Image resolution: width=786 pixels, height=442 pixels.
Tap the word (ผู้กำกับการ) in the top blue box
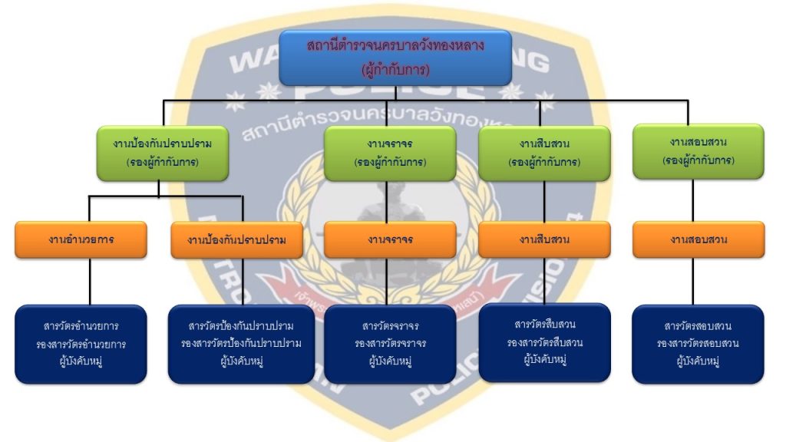(395, 70)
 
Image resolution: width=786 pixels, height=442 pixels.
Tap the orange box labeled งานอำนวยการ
(81, 239)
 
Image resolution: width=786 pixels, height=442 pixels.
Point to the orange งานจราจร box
(390, 239)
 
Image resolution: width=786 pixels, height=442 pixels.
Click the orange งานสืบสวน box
(544, 239)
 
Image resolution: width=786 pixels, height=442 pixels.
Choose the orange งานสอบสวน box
(698, 239)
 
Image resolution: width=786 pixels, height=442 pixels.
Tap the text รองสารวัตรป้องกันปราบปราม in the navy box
(241, 343)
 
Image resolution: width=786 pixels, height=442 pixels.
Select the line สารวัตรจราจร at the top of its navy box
(390, 326)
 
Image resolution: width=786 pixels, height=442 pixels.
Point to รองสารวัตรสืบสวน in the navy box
(544, 342)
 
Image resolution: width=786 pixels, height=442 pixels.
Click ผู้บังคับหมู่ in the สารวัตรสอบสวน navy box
(698, 360)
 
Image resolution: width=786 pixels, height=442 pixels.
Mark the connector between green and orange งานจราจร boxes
(390, 200)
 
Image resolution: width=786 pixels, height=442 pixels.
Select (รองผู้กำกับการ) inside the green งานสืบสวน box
(544, 163)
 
